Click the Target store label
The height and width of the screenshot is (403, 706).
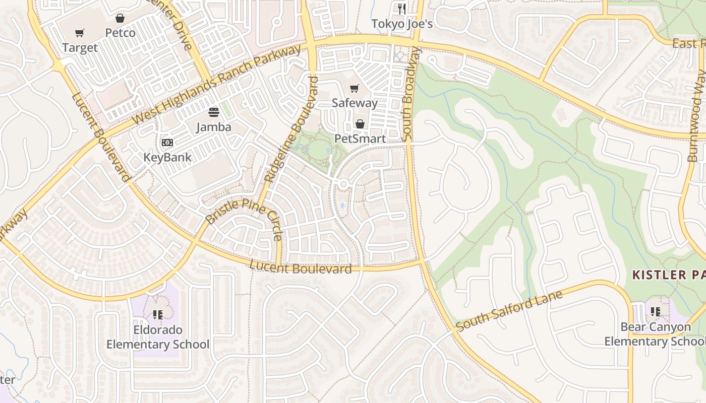pyautogui.click(x=80, y=48)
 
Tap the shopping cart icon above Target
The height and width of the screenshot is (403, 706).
pyautogui.click(x=80, y=33)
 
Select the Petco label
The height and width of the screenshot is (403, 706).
pyautogui.click(x=120, y=33)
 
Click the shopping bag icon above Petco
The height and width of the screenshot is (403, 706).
pyautogui.click(x=120, y=19)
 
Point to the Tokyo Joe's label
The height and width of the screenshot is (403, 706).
pyautogui.click(x=402, y=24)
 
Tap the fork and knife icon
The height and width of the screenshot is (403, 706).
pyautogui.click(x=402, y=9)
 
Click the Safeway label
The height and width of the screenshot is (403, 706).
pyautogui.click(x=355, y=103)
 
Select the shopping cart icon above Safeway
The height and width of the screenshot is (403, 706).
pyautogui.click(x=355, y=89)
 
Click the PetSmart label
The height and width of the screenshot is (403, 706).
pyautogui.click(x=360, y=139)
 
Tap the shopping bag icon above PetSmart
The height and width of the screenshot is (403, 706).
pyautogui.click(x=360, y=124)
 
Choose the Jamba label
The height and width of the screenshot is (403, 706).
pyautogui.click(x=214, y=126)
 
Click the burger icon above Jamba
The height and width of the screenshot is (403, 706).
pyautogui.click(x=214, y=112)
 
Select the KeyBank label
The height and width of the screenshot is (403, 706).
pyautogui.click(x=167, y=157)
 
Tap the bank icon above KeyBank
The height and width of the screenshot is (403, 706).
pyautogui.click(x=167, y=143)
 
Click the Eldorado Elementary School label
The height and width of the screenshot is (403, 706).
pyautogui.click(x=157, y=337)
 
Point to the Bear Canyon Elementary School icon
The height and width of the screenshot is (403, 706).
pyautogui.click(x=656, y=312)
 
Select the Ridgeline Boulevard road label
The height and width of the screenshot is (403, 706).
pyautogui.click(x=292, y=129)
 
